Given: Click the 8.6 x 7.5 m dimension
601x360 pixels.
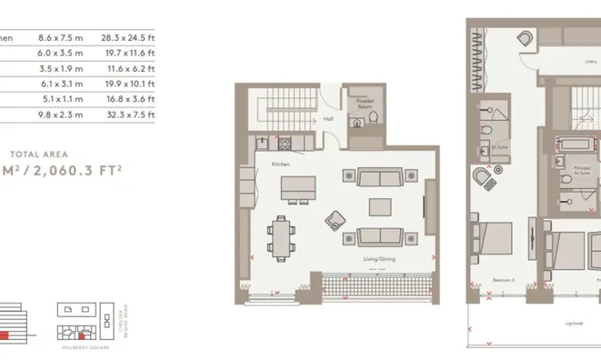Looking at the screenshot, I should coord(60,38).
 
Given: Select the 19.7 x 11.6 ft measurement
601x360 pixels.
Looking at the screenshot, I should coord(132,54).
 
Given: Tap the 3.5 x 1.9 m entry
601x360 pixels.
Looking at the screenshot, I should coord(60,69).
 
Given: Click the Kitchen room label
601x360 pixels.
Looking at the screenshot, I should coord(281,163).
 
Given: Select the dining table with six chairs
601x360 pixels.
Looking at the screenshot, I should coord(283,236).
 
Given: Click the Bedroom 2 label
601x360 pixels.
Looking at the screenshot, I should coord(500,280).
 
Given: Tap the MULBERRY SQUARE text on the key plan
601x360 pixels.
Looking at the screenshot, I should coord(80,346).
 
